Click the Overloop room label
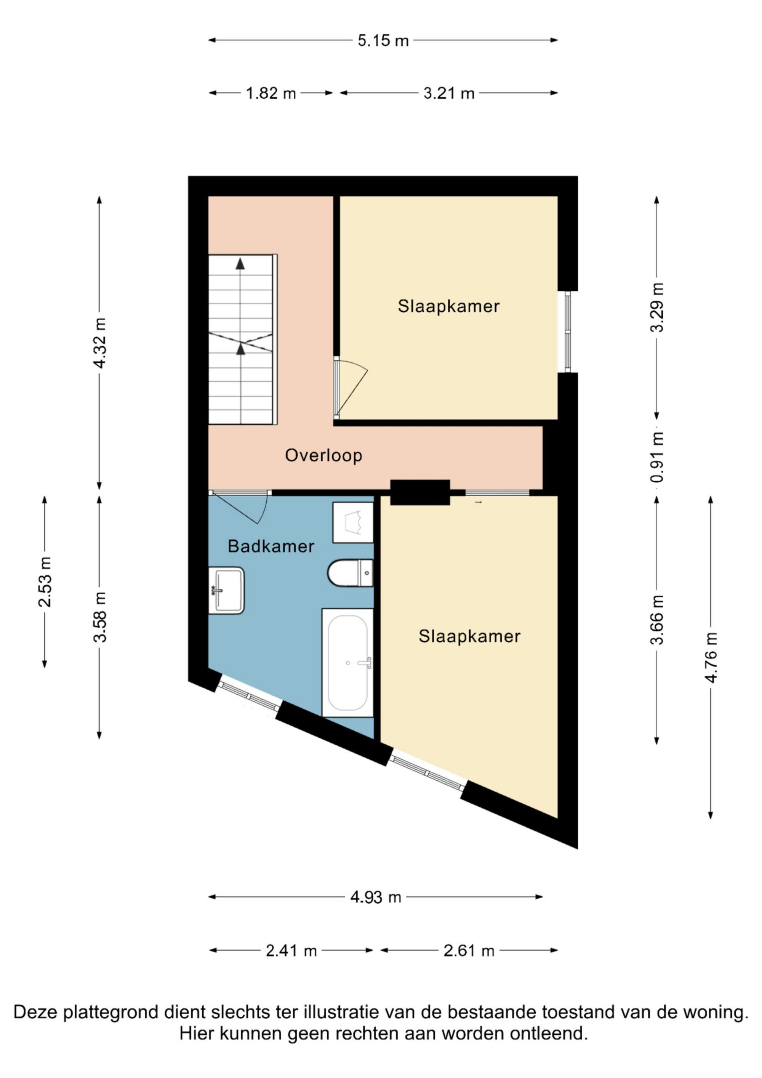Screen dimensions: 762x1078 click(323, 455)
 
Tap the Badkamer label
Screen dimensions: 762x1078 click(271, 546)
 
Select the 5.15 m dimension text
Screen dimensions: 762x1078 click(383, 41)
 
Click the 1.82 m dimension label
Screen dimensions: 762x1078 click(271, 93)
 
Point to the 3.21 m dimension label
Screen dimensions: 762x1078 click(449, 93)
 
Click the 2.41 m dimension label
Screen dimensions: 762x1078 click(291, 951)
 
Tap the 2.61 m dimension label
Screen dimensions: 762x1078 click(469, 951)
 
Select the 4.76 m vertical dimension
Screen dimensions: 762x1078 click(711, 658)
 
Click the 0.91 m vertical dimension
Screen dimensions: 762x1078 click(657, 457)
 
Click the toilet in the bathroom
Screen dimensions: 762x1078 click(350, 573)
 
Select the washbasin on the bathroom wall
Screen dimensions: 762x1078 click(226, 590)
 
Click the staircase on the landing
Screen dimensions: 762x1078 click(243, 340)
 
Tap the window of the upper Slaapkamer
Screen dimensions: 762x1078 click(568, 332)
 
